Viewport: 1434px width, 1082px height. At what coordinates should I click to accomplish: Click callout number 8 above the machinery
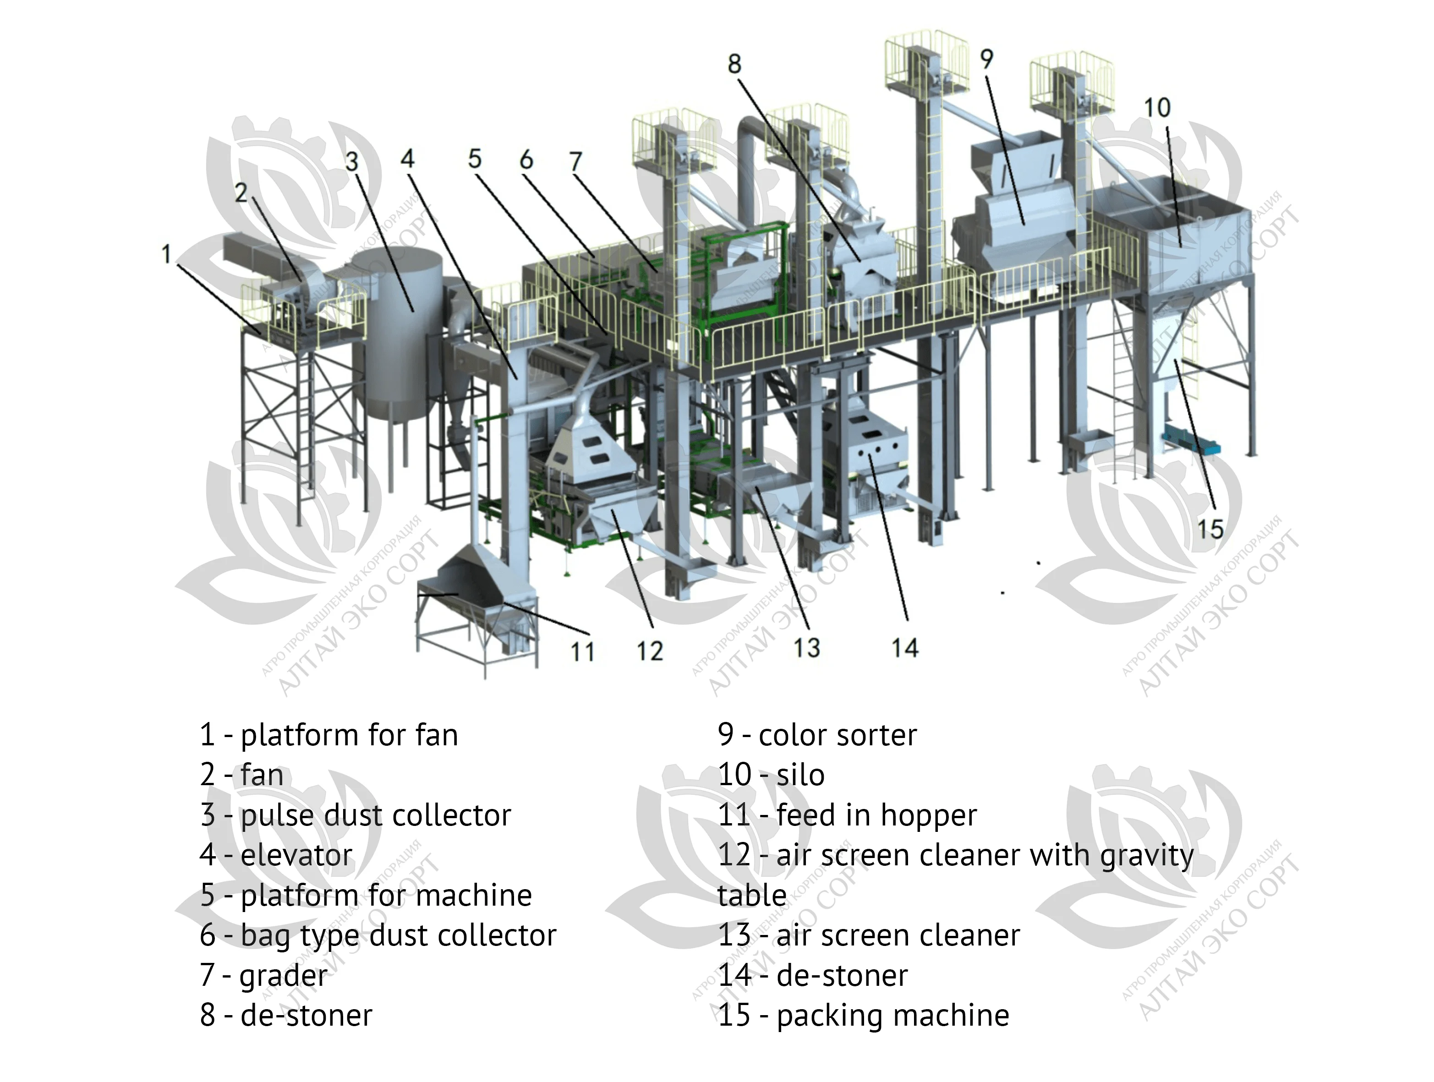point(734,64)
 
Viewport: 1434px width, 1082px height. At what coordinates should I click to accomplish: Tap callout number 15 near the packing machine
point(1210,529)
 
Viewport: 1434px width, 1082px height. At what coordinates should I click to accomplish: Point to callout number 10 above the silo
point(1156,108)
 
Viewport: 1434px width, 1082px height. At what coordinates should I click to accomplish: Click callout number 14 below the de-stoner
point(905,648)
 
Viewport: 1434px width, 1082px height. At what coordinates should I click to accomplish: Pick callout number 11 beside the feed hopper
point(582,651)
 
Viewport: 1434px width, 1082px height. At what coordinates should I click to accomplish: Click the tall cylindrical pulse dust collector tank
point(397,324)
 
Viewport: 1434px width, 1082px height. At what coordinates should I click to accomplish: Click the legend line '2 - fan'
point(241,775)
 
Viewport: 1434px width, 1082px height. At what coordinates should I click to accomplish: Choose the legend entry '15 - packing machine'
point(864,1015)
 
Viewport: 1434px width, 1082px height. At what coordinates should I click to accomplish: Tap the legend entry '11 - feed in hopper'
point(847,815)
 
